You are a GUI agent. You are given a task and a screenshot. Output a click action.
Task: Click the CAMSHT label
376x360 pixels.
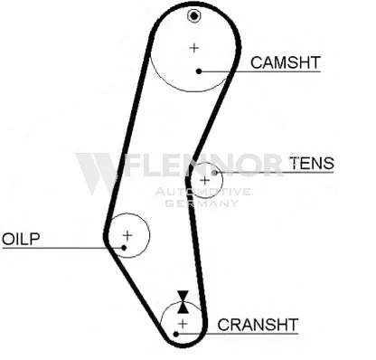coord(285,62)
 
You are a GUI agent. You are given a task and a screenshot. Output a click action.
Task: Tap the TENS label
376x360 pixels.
coord(312,163)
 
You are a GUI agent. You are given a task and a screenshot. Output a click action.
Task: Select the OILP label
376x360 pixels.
coord(21,239)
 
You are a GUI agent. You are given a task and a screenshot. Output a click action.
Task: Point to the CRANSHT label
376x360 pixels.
coord(258,325)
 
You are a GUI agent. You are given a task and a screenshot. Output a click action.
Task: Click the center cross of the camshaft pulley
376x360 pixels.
coord(194,48)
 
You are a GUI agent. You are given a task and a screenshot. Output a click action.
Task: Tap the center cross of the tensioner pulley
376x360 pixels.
coord(205,181)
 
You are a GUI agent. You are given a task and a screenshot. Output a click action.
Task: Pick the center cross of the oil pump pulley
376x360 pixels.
coord(127,235)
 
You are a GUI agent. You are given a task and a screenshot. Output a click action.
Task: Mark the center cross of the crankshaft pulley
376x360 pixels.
coord(183,324)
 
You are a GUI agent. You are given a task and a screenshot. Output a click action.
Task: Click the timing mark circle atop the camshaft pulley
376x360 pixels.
coord(193,15)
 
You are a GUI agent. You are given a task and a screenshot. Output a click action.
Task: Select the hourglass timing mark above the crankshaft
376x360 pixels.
coord(183,302)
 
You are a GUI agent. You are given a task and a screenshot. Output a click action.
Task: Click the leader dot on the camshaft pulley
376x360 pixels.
coord(199,71)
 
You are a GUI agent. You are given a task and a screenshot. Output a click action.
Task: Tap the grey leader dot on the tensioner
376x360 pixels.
coord(214,173)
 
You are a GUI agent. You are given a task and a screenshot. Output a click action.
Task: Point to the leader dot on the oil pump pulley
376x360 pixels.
coord(124,248)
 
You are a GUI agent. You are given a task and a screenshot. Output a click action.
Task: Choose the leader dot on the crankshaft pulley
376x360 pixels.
coord(176,334)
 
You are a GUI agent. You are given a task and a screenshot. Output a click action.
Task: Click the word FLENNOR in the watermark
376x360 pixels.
coord(203,165)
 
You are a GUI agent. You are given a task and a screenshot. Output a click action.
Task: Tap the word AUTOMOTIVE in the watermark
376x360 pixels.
coord(202,192)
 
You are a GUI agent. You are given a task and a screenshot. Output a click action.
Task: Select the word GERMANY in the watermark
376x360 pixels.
coord(202,204)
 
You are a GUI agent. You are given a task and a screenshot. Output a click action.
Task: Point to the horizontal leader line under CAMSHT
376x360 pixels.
coord(259,71)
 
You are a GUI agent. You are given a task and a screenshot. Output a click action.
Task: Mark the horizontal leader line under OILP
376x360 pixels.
coord(62,248)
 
